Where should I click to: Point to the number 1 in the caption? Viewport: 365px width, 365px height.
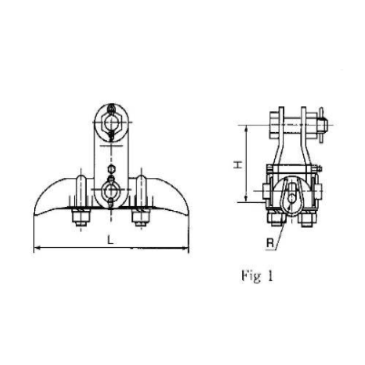pos(270,276)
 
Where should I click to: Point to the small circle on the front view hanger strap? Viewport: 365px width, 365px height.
pos(111,167)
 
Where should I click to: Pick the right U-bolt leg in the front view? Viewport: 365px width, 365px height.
pos(141,189)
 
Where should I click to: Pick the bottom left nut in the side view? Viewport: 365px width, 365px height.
pos(276,219)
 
